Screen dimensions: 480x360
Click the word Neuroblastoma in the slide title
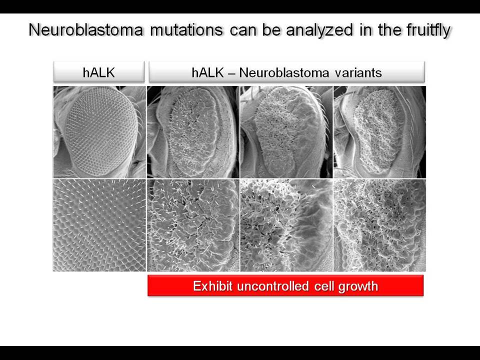click(x=85, y=30)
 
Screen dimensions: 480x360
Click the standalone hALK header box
click(x=99, y=72)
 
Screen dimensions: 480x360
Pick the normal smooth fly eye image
click(x=99, y=132)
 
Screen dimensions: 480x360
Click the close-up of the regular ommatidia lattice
click(x=99, y=225)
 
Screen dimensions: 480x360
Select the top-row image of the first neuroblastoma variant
click(x=193, y=132)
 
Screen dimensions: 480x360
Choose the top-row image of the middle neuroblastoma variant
click(x=286, y=132)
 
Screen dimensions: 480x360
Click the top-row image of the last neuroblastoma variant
click(x=379, y=132)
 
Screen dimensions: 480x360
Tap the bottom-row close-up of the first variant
click(x=193, y=225)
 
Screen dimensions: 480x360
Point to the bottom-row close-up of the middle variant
click(x=286, y=225)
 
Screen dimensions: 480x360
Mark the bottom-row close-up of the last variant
click(x=379, y=225)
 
